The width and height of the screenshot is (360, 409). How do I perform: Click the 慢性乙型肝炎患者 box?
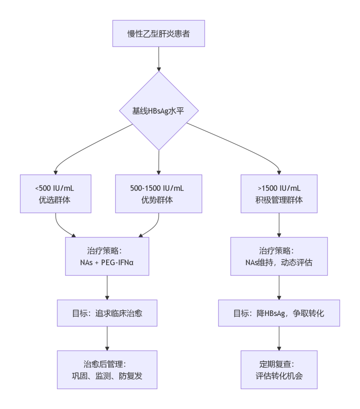[159, 33]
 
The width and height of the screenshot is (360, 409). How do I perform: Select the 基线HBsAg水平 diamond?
[159, 111]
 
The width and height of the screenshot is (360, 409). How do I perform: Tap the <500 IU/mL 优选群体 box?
[55, 194]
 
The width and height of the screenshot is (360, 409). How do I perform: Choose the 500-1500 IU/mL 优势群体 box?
[158, 194]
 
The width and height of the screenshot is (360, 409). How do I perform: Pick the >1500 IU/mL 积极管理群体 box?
[279, 194]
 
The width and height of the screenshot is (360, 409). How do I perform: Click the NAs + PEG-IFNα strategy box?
[107, 256]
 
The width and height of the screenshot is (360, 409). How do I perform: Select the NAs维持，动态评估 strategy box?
[279, 256]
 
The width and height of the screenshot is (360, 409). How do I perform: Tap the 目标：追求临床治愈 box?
[107, 313]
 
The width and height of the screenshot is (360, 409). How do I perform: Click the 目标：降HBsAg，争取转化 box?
[279, 313]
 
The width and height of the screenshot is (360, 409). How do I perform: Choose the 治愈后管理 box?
[107, 370]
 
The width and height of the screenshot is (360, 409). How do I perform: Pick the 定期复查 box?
[279, 370]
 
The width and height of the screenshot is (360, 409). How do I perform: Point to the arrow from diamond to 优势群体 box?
[159, 162]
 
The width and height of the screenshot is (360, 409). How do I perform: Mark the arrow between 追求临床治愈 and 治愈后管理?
[107, 339]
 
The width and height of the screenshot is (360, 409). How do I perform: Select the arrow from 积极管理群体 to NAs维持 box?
[279, 225]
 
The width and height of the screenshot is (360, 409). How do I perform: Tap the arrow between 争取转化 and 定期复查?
[279, 339]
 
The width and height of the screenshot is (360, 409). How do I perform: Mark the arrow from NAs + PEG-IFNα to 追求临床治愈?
[107, 288]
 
